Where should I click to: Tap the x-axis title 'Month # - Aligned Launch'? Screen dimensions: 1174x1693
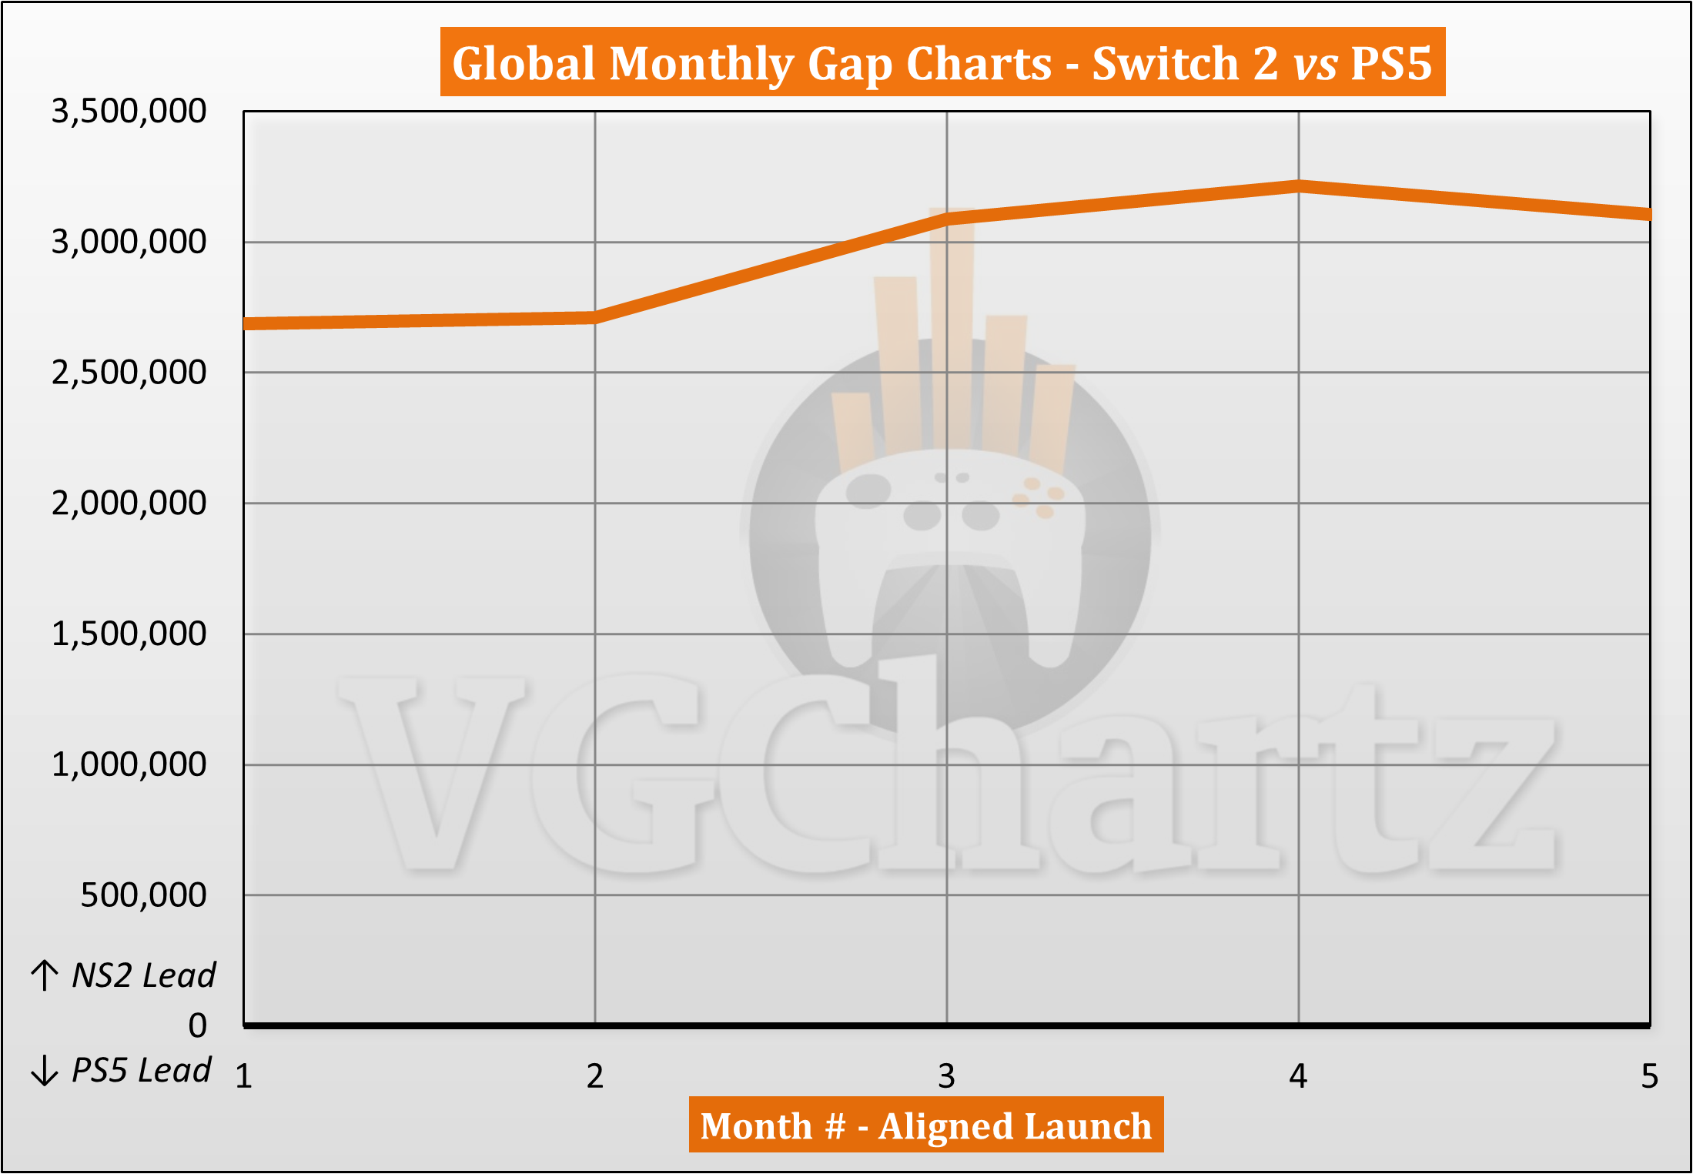coord(925,1126)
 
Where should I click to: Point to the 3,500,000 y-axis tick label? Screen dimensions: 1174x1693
coord(129,111)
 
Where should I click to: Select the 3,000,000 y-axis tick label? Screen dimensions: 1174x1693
coord(129,242)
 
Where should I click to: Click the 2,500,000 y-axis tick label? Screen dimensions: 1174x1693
coord(129,373)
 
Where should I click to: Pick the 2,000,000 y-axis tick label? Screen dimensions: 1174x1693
coord(129,503)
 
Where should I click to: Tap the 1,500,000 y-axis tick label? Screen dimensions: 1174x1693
coord(129,634)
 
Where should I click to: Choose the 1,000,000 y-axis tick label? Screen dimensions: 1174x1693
coord(129,764)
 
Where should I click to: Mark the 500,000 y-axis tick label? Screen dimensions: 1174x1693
coord(143,895)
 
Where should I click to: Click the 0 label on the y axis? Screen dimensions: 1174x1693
coord(198,1025)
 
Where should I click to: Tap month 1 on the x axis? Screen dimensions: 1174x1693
coord(244,1076)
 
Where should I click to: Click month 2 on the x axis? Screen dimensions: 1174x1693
coord(595,1076)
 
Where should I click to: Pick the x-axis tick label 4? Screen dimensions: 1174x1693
coord(1298,1076)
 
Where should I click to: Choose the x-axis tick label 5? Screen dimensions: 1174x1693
coord(1649,1076)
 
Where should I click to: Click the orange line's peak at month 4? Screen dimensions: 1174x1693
coord(1299,186)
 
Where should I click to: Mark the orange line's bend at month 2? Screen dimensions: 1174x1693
coord(595,317)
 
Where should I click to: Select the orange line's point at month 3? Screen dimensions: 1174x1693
coord(947,219)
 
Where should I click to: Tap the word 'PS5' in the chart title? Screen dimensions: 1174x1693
coord(1390,62)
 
